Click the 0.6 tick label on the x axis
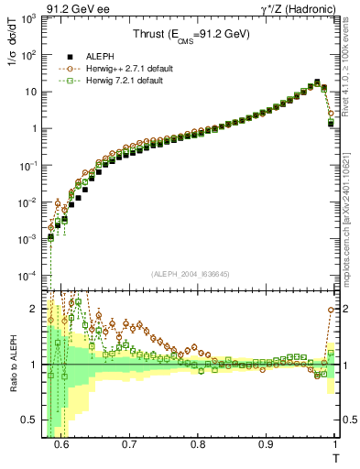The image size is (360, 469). coord(61,445)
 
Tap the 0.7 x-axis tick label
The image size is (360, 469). coord(129,445)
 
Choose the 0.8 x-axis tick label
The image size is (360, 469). coord(198,445)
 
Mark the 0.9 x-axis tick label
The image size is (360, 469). coord(266,445)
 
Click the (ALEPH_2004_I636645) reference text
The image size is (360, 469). coord(190,273)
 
